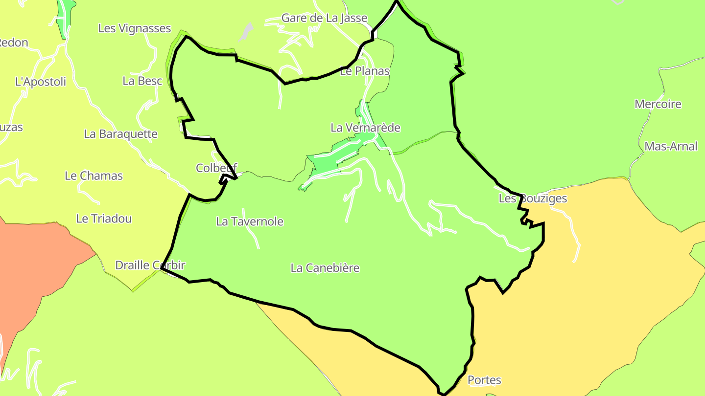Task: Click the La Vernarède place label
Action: (x=365, y=128)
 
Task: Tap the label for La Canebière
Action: (x=325, y=268)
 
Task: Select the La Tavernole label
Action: (x=250, y=221)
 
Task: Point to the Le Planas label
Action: (x=365, y=71)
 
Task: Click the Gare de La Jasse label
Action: (x=324, y=19)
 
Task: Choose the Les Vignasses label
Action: (x=135, y=28)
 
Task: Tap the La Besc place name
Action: (x=142, y=81)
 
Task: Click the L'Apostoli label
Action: (x=41, y=82)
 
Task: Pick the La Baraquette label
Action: (x=121, y=134)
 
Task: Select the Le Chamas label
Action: (x=94, y=176)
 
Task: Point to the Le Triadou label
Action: (x=104, y=219)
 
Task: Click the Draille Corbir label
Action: (x=150, y=265)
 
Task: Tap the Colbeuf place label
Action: (x=216, y=168)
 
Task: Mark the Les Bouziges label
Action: (x=533, y=198)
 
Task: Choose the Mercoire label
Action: (x=658, y=104)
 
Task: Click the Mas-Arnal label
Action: (x=671, y=146)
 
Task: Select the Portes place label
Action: (x=484, y=380)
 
